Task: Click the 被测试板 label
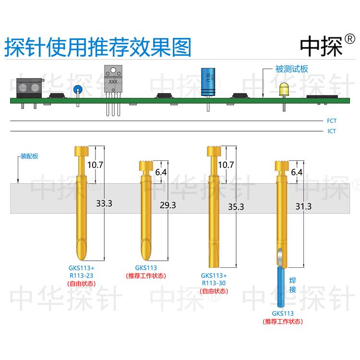point(291,69)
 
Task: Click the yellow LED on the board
point(284,88)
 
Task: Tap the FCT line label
point(331,121)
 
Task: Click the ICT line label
point(331,131)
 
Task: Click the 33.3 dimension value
point(104,203)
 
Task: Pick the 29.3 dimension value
point(168,205)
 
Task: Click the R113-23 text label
point(81,276)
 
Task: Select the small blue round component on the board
point(77,89)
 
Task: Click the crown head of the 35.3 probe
point(213,150)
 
